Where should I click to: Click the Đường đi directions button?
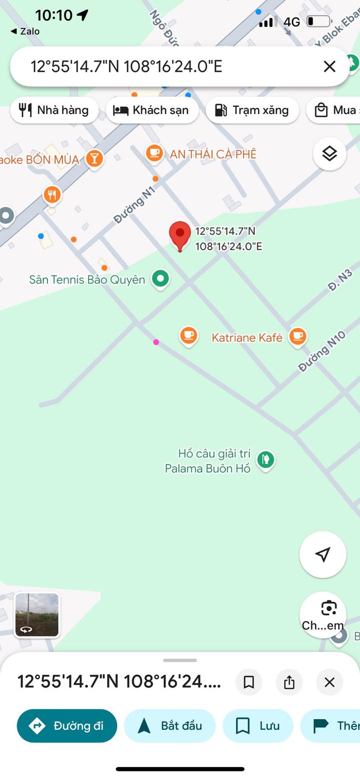(x=67, y=726)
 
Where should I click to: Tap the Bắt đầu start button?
(x=169, y=726)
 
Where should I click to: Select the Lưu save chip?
(x=258, y=726)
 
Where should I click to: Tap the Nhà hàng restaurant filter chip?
(x=54, y=110)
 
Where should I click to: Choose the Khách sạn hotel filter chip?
(x=152, y=110)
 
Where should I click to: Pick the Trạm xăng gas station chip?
(x=252, y=110)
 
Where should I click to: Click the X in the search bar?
(x=329, y=66)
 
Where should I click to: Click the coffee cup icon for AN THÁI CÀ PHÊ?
(x=154, y=153)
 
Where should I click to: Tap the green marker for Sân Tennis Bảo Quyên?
(x=160, y=279)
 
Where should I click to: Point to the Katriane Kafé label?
(x=247, y=338)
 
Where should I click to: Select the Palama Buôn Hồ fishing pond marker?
(x=266, y=459)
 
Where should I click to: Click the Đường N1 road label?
(x=134, y=204)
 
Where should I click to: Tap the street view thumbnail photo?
(x=37, y=615)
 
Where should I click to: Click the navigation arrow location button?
(x=322, y=554)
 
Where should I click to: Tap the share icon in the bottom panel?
(x=289, y=682)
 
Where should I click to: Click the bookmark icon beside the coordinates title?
(x=248, y=682)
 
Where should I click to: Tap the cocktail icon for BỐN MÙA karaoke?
(x=94, y=159)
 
